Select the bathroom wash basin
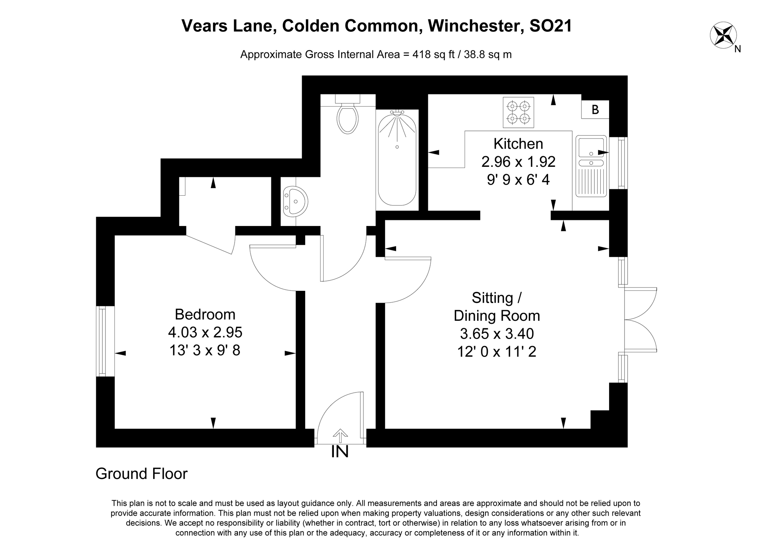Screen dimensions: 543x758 [296, 201]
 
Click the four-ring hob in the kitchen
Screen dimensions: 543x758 [518, 113]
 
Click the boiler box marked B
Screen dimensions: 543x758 [595, 110]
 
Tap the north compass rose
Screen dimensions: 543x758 [723, 35]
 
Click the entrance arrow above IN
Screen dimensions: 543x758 [340, 436]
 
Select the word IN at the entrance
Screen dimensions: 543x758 [340, 452]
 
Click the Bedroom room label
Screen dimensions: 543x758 [205, 314]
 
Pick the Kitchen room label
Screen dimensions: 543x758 [518, 144]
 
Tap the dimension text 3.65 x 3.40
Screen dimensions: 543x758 [496, 334]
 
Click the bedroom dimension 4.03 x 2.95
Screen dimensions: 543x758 [205, 332]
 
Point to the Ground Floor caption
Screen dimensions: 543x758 [141, 474]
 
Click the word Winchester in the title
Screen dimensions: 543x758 [475, 26]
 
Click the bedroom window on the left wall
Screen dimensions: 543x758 [102, 341]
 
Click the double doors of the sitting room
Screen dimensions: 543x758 [641, 320]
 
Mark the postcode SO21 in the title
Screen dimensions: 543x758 [551, 26]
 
